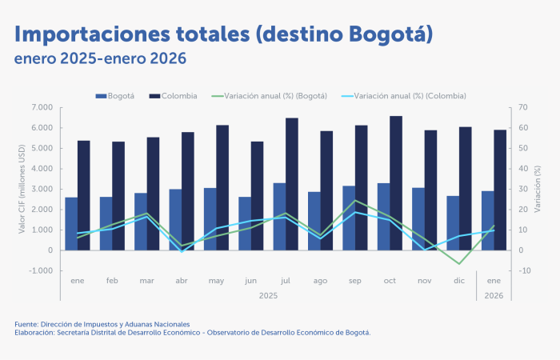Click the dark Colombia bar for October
pos(396,183)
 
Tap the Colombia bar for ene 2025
pos(84,195)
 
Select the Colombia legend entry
pos(174,96)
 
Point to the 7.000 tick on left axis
pos(42,107)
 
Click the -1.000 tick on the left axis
pos(40,271)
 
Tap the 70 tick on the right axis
pos(523,107)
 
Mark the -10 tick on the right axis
pos(524,271)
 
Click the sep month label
pos(356,282)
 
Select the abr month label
pos(182,282)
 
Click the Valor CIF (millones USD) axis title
pos(22,189)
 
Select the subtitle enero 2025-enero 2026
pos(100,58)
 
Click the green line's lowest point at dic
pos(459,263)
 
